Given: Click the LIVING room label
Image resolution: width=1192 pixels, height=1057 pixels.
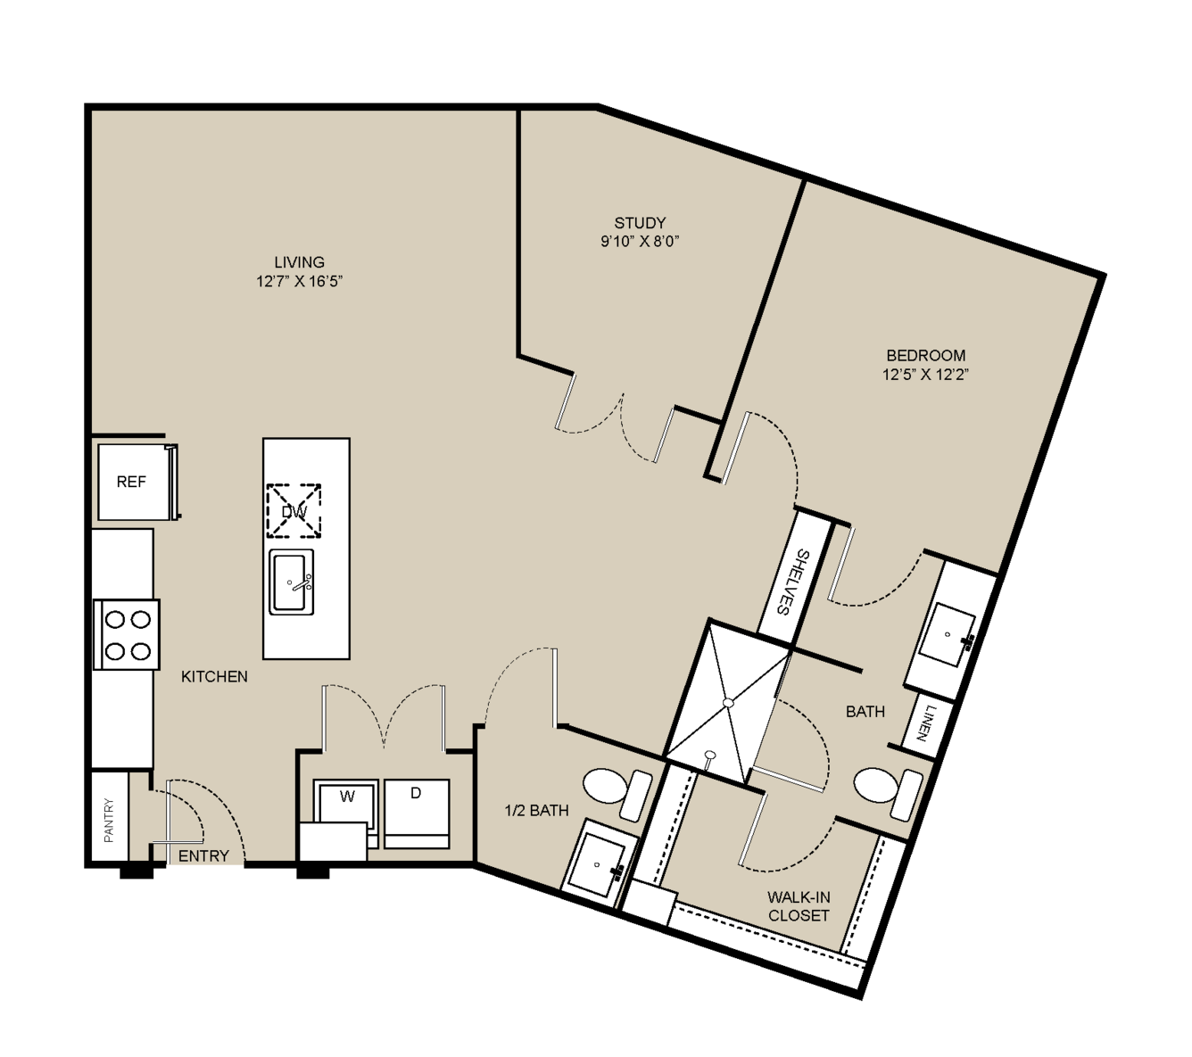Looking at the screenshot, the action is click(x=299, y=261).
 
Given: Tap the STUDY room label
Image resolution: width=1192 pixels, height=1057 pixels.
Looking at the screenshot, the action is click(x=640, y=223).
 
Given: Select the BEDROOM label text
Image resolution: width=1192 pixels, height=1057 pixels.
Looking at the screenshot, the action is click(x=926, y=355).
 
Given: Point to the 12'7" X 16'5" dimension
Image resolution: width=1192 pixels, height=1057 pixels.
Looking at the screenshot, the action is click(x=299, y=281).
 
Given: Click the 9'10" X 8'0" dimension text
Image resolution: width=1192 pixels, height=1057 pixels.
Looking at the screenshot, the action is click(x=640, y=242).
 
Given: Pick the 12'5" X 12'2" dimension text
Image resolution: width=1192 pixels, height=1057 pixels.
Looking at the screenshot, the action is click(x=925, y=374).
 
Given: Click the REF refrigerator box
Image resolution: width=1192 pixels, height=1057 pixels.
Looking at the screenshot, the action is click(x=137, y=482).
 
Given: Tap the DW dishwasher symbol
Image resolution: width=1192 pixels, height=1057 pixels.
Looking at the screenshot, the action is click(x=294, y=510).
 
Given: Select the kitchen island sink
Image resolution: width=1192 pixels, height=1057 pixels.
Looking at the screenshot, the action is click(x=291, y=582).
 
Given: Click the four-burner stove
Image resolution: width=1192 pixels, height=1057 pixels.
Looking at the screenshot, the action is click(x=127, y=635).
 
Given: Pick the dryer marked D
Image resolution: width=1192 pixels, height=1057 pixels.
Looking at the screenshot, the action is click(x=417, y=813).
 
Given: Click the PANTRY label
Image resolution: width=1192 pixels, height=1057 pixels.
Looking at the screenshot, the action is click(x=109, y=820).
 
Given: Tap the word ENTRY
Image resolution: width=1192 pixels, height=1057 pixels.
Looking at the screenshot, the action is click(x=203, y=855).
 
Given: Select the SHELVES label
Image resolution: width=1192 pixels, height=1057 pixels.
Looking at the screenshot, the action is click(x=791, y=582).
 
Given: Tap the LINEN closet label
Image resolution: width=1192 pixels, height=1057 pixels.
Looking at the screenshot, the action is click(x=925, y=723).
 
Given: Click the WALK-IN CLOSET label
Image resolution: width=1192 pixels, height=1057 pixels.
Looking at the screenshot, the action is click(x=799, y=906).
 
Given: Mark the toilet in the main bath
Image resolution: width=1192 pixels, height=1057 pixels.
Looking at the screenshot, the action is click(x=887, y=792).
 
